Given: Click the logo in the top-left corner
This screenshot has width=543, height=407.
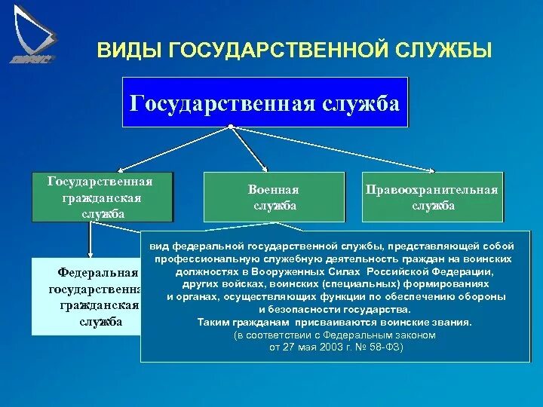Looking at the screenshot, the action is [34, 34].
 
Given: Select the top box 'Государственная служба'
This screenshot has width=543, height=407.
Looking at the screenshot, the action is [265, 102].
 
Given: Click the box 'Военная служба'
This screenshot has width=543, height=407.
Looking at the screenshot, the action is [274, 197].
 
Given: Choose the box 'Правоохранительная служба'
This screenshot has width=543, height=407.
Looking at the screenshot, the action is [432, 197].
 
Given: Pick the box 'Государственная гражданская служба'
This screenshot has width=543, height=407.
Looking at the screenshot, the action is [101, 197].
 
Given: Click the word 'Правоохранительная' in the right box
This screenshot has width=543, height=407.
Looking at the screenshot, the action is [432, 190].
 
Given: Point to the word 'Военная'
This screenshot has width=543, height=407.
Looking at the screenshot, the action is [274, 190].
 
